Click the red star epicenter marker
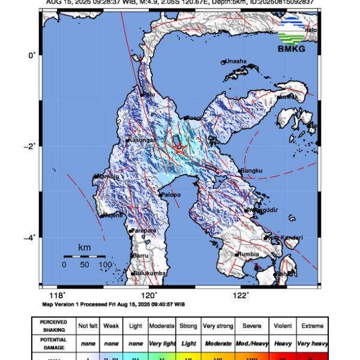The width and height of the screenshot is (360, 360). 179,148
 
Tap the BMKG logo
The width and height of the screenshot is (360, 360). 293,35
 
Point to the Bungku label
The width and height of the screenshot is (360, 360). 252,171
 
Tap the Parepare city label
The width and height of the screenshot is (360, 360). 144,230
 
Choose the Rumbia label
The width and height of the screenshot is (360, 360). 249,254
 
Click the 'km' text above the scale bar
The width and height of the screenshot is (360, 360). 85,247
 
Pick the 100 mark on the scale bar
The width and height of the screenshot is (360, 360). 104,265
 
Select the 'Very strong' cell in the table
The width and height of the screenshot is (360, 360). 218,326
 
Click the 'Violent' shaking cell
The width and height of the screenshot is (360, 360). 281,326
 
